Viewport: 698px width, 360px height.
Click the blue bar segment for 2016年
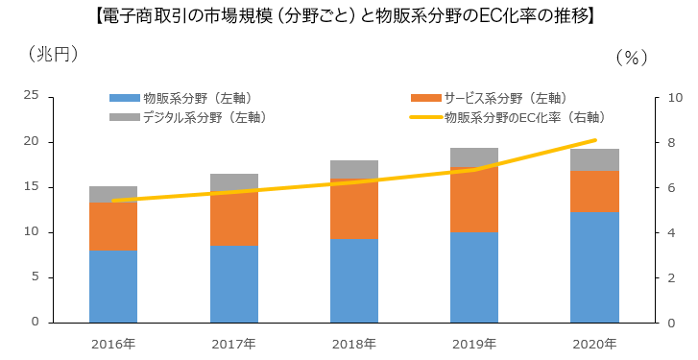coord(113,286)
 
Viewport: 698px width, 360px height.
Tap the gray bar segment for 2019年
coord(474,157)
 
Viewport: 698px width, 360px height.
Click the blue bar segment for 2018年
coord(353,280)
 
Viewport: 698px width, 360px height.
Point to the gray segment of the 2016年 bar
coord(113,193)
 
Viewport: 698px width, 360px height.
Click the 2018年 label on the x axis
coord(353,343)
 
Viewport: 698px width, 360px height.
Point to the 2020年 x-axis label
coord(594,343)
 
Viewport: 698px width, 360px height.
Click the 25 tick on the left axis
coord(31,95)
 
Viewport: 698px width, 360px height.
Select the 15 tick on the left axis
coord(31,186)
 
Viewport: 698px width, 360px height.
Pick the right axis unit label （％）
coord(632,57)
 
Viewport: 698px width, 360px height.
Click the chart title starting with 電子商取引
coord(348,15)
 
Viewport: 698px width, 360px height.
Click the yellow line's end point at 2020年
coord(594,140)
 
